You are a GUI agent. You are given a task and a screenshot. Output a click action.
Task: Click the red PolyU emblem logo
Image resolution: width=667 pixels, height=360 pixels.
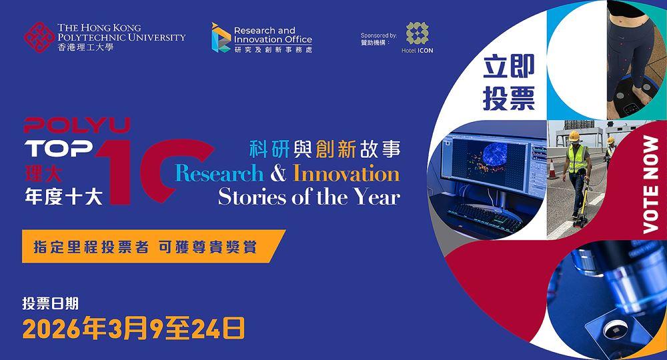(x=39, y=37)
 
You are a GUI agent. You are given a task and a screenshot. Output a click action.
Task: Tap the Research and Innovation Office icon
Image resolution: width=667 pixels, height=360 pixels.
(x=221, y=38)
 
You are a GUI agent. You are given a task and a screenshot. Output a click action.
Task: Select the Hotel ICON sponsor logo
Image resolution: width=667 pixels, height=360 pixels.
(x=418, y=38)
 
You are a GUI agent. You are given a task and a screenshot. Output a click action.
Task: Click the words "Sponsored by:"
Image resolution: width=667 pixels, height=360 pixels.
(x=379, y=35)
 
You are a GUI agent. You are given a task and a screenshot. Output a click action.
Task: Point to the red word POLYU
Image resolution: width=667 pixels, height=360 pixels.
(x=77, y=126)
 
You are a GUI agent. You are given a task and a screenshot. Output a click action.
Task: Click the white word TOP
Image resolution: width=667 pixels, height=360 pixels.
(x=59, y=149)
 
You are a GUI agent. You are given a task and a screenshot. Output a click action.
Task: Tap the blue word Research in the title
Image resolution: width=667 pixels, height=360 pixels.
(x=219, y=174)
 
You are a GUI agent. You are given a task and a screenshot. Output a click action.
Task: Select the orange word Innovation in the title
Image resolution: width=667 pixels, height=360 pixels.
(x=347, y=173)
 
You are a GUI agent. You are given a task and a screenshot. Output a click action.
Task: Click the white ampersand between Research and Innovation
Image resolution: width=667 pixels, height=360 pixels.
(x=279, y=174)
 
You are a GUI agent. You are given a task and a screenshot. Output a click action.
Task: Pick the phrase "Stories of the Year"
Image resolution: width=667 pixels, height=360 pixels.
(x=309, y=197)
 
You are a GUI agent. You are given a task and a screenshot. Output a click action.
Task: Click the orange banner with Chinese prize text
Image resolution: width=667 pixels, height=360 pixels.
(x=153, y=246)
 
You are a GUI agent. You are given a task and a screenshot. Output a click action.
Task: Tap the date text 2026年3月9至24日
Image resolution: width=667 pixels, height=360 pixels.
(x=134, y=328)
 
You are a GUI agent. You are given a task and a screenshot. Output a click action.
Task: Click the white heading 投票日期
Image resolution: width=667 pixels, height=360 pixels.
(x=51, y=303)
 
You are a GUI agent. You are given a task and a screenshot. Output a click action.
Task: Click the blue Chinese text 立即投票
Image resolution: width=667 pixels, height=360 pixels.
(x=509, y=83)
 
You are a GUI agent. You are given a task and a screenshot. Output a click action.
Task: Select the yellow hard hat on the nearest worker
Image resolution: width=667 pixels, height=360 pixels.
(x=574, y=136)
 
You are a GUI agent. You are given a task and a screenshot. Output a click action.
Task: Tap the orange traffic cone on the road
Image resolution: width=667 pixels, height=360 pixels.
(x=552, y=169)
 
